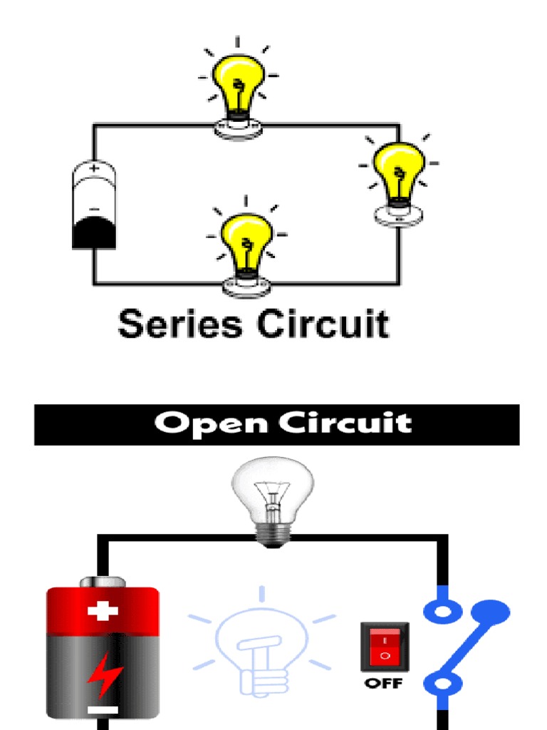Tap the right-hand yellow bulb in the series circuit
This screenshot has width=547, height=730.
click(399, 170)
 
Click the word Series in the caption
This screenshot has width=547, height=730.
click(180, 324)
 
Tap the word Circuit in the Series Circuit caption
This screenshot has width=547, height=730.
click(323, 324)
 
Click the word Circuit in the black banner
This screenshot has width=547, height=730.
click(345, 423)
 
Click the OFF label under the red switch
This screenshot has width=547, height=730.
click(384, 684)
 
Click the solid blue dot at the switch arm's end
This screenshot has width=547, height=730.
click(491, 611)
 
